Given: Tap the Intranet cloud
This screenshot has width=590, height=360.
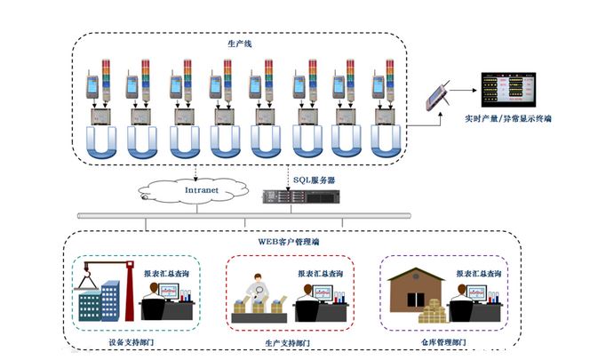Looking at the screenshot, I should coord(198,188).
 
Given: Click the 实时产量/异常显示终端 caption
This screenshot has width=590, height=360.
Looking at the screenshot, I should coord(506,117).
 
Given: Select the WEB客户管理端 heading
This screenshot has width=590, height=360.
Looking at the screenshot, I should coord(289,241).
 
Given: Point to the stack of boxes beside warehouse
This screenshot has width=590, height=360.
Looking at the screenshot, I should coord(435,312).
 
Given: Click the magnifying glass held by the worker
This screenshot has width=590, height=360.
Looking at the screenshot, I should coord(259,287).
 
